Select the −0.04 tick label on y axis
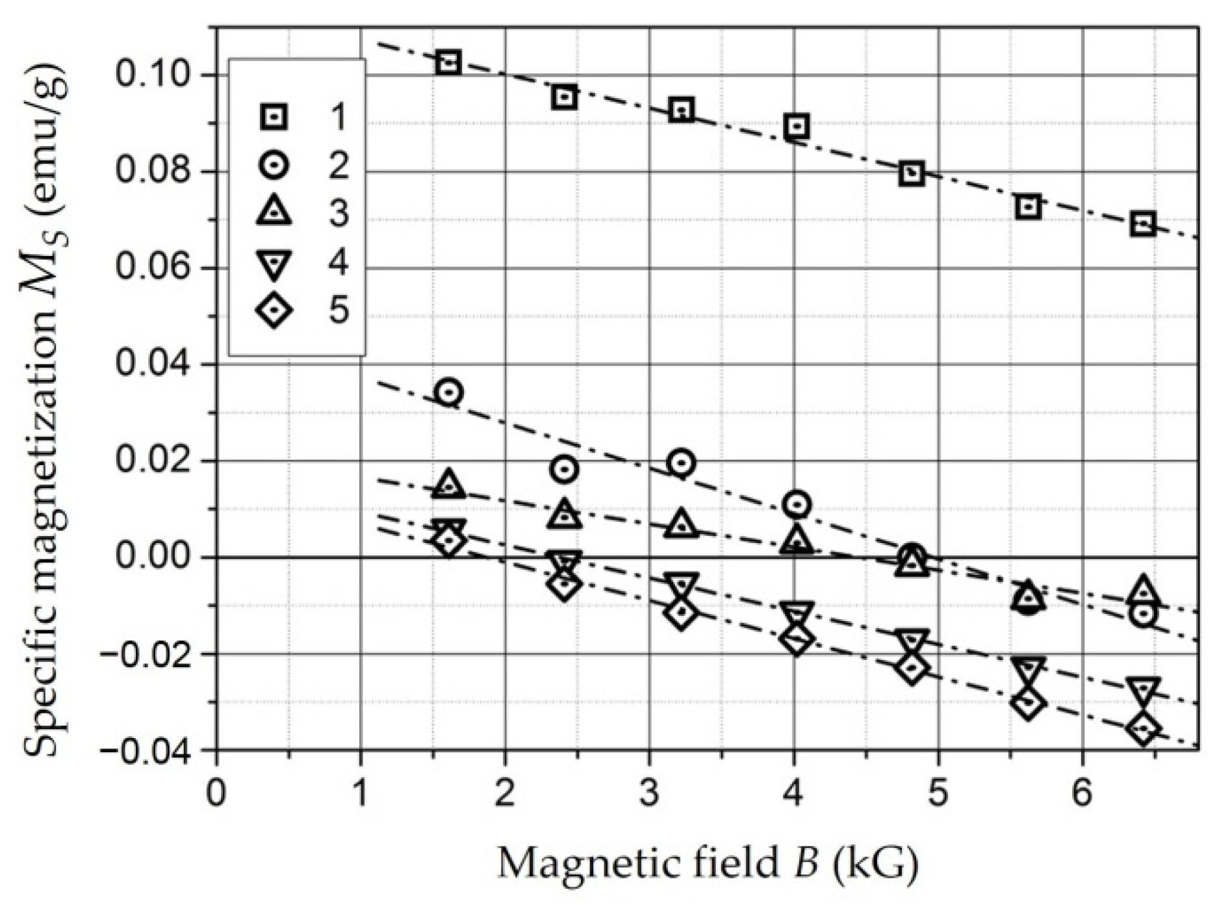(x=144, y=750)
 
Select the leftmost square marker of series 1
(x=448, y=62)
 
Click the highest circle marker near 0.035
(x=449, y=392)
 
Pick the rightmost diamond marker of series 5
(x=1143, y=728)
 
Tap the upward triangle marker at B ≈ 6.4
(x=1143, y=590)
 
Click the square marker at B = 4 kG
(x=797, y=125)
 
